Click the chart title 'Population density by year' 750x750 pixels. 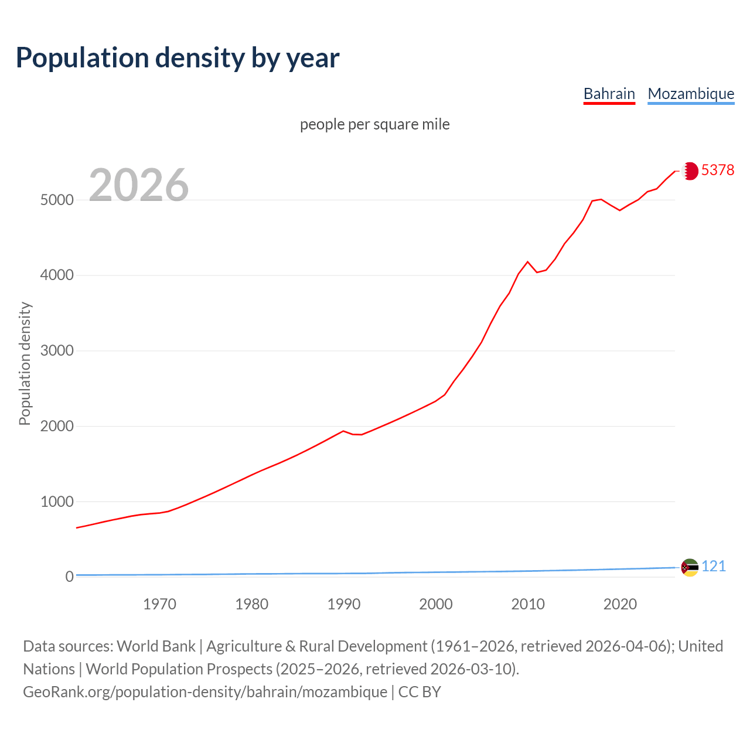[x=178, y=58]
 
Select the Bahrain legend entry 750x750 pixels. [x=609, y=94]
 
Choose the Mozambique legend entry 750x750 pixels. [x=691, y=94]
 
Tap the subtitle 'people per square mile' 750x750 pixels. [x=374, y=125]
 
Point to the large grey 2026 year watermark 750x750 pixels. [x=139, y=185]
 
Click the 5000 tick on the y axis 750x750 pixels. [x=57, y=200]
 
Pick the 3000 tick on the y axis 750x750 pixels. [x=57, y=351]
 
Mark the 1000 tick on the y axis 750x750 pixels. [x=57, y=502]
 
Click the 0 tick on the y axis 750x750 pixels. [x=70, y=577]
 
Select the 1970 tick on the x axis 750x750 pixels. [x=159, y=604]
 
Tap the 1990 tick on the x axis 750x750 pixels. [x=343, y=604]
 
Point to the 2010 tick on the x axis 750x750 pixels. [x=527, y=604]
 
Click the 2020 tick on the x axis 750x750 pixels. [x=619, y=604]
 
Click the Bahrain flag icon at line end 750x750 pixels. [x=690, y=171]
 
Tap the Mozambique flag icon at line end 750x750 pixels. [x=690, y=567]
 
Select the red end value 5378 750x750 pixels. [x=717, y=170]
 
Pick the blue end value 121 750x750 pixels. [x=713, y=567]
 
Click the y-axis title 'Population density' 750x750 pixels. [x=25, y=363]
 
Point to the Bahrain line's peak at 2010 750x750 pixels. [x=527, y=262]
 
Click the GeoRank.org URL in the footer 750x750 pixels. [x=205, y=692]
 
